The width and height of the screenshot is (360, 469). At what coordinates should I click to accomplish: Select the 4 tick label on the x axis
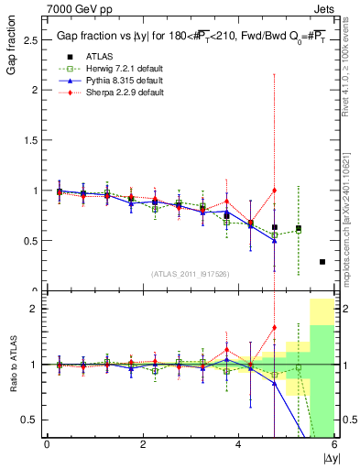click(x=238, y=444)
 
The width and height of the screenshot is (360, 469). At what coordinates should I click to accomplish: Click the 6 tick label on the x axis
click(x=334, y=444)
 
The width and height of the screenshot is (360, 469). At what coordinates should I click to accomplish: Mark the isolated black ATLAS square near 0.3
click(x=322, y=262)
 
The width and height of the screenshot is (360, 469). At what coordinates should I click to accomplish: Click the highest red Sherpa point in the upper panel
click(x=274, y=191)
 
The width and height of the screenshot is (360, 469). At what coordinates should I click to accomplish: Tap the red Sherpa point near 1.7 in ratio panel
click(x=274, y=327)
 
